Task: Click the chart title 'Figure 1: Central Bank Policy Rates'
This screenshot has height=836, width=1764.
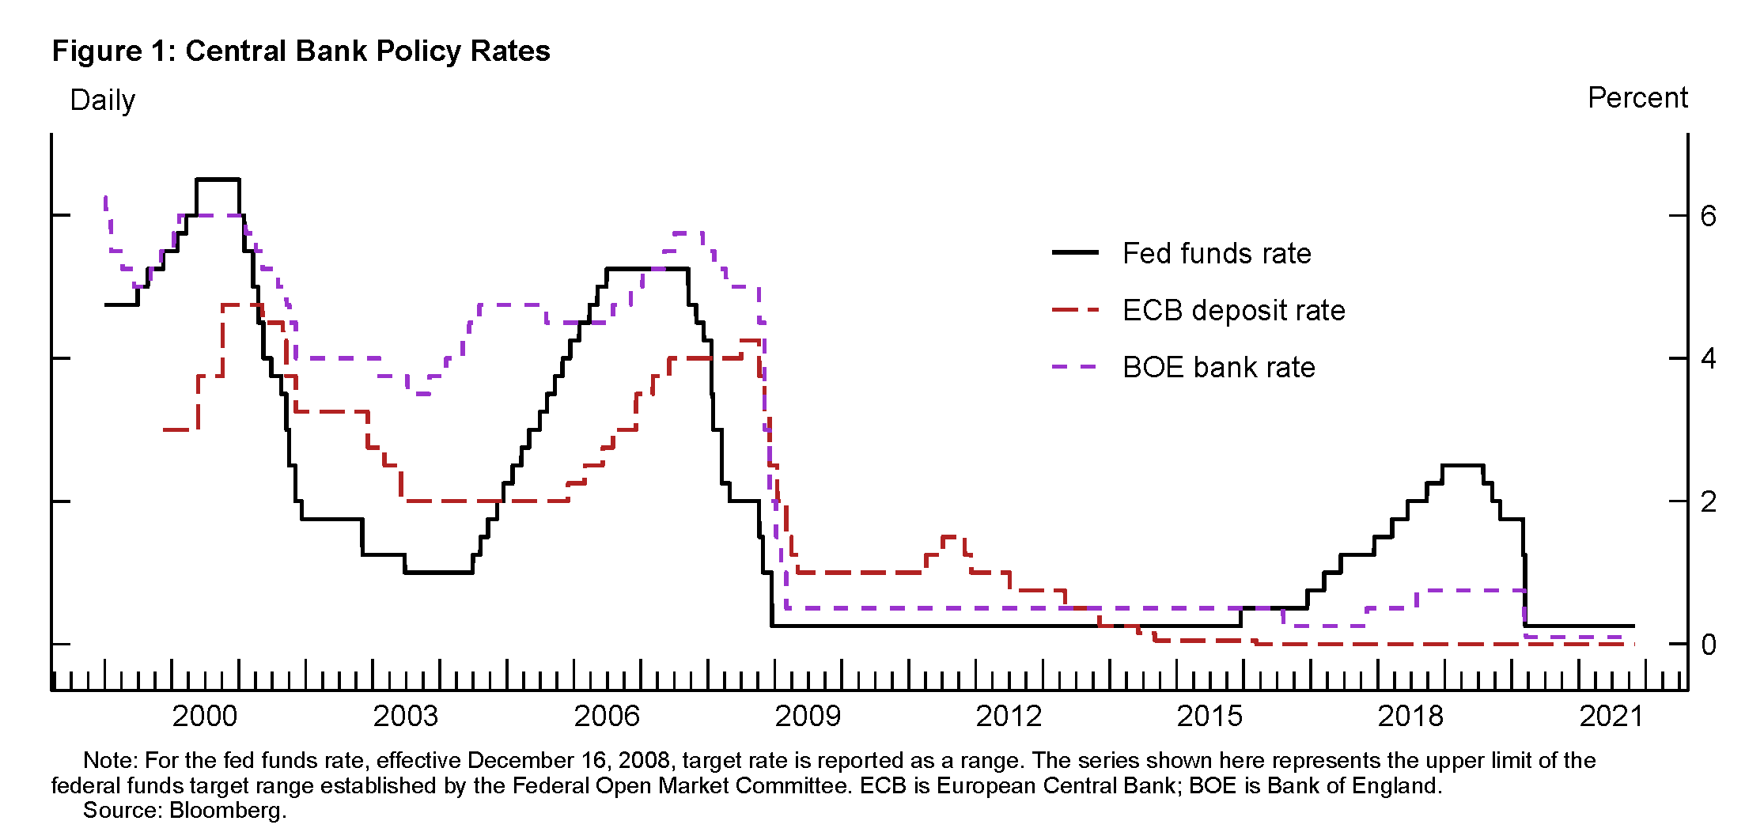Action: [301, 51]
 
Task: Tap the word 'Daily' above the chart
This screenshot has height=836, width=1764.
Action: [102, 100]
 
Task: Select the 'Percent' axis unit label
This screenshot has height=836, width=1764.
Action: [1637, 98]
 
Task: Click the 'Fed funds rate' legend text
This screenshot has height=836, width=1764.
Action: [1217, 254]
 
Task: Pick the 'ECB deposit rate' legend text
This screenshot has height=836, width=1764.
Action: [1233, 311]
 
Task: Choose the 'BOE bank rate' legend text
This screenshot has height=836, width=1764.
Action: [1218, 368]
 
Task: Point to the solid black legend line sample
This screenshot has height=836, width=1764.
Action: [1075, 253]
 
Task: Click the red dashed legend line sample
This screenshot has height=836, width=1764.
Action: [1075, 311]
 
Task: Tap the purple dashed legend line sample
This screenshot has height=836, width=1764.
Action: [1075, 368]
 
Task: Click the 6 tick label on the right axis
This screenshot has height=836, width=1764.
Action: [1708, 216]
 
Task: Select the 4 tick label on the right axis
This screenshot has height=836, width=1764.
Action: [1708, 359]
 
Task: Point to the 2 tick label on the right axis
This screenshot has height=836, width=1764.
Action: [1708, 501]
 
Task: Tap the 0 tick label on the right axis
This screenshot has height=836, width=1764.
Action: [1708, 645]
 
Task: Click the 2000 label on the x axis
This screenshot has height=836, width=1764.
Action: [204, 717]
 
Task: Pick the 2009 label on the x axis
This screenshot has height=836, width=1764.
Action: [807, 717]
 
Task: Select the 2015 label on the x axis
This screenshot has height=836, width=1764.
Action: [1209, 717]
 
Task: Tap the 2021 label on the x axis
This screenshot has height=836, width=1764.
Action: [1611, 717]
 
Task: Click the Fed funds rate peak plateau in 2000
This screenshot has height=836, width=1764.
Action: [218, 180]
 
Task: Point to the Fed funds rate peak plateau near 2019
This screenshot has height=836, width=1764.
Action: [1462, 465]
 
